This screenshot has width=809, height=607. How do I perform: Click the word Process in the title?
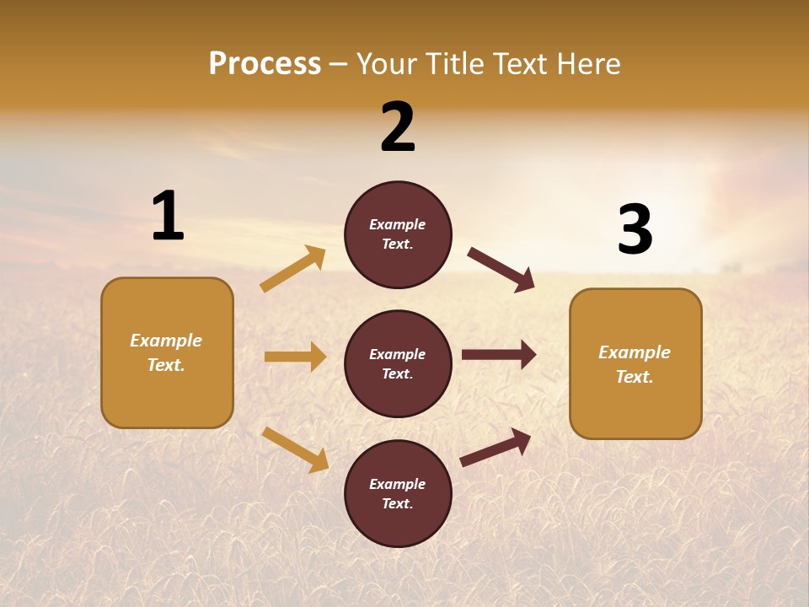pos(265,64)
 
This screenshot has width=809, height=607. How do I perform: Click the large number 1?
pos(168,217)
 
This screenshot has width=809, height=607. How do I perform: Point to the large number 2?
pos(398,127)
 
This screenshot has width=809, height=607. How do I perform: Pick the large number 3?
pos(635,230)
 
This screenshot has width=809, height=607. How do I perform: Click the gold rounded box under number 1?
pos(167,352)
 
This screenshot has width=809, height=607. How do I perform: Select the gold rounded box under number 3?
pos(635,364)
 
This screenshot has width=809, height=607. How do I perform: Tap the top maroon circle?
pos(398,234)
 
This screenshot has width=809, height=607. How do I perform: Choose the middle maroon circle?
pos(398,364)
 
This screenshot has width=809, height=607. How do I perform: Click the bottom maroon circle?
pos(398,494)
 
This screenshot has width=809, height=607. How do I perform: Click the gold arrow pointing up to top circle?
pos(293,269)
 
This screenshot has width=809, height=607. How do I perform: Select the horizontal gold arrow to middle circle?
pos(295,357)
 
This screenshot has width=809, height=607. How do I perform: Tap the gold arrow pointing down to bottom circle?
pos(295,449)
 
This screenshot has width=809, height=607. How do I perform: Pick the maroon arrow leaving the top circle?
pos(501,269)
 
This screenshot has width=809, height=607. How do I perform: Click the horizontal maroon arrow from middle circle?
pos(499,355)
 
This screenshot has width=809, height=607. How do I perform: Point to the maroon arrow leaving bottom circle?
pos(496,447)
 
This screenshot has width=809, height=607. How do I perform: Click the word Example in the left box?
pos(166,341)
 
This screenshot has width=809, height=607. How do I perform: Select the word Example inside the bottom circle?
pos(397,484)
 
